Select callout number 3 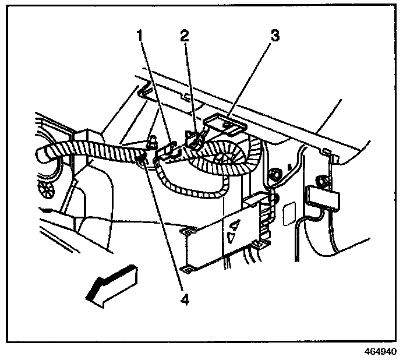pyautogui.click(x=274, y=35)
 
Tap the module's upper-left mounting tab pyautogui.click(x=188, y=231)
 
